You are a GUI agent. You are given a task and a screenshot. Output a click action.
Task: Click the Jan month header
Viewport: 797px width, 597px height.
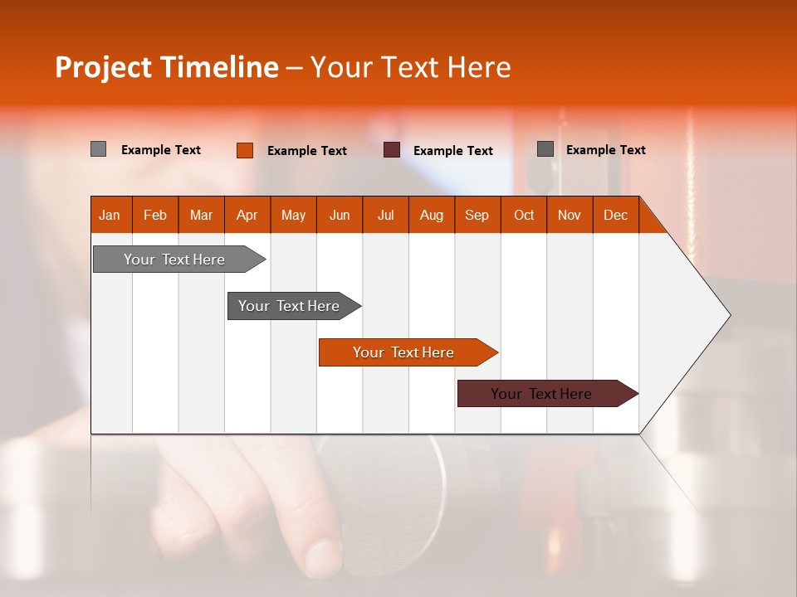click(110, 215)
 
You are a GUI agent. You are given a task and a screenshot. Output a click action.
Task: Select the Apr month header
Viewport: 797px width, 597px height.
click(247, 215)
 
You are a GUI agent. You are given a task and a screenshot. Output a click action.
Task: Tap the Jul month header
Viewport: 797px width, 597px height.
click(385, 215)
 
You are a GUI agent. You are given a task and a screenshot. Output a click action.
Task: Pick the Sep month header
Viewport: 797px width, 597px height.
click(477, 215)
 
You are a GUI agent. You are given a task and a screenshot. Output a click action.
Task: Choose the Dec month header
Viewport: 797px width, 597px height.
click(615, 215)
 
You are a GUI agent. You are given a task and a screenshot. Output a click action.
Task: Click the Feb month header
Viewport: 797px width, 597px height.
click(155, 215)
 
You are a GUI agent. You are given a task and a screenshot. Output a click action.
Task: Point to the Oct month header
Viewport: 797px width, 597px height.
click(524, 215)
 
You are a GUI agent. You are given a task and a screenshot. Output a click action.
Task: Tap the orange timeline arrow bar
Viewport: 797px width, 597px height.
click(404, 352)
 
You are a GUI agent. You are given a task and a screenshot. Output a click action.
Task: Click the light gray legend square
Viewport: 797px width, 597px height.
click(98, 149)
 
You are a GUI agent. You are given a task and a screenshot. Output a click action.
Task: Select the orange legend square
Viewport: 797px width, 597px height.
click(244, 150)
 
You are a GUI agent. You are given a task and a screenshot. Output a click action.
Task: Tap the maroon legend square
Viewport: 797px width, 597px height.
click(392, 150)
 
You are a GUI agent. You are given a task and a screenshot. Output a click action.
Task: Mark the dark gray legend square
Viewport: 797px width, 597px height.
click(545, 149)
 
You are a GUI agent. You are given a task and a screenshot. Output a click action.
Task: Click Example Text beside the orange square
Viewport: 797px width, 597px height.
click(307, 151)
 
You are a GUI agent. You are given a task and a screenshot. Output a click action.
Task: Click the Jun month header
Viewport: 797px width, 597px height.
click(340, 215)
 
